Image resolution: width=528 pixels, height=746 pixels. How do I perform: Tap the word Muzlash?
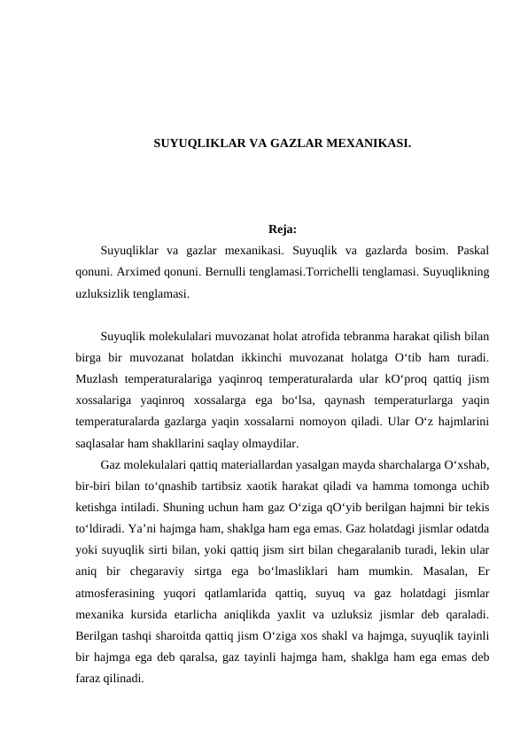[98, 379]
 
